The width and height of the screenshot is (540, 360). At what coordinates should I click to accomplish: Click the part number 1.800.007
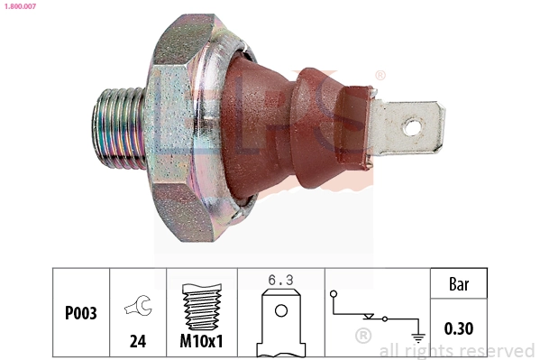[20, 7]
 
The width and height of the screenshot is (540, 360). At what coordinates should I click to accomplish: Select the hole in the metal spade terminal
[411, 127]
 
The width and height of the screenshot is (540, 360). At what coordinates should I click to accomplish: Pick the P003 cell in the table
[80, 314]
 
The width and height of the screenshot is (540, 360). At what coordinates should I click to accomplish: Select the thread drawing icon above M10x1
[201, 308]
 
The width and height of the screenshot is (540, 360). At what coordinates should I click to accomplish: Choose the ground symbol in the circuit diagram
[417, 336]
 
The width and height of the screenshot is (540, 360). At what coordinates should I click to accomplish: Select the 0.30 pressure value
[458, 328]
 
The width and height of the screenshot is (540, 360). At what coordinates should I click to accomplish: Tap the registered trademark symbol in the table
[363, 337]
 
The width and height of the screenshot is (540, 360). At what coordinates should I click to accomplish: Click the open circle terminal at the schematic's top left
[334, 293]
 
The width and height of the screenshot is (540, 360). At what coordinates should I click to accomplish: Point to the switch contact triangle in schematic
[369, 317]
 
